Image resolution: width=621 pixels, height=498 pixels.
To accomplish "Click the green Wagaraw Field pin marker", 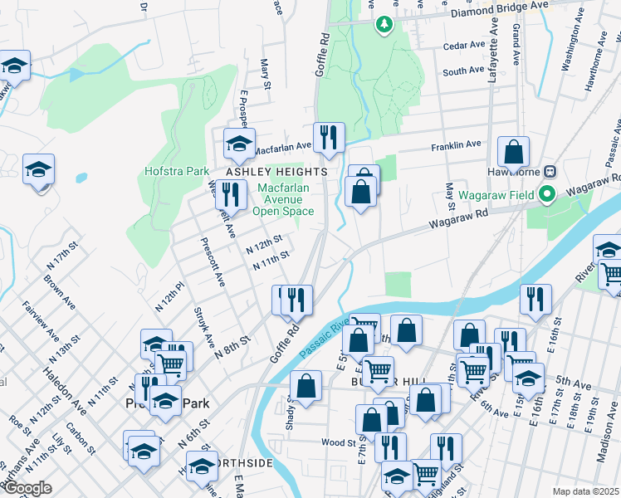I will point(546,196).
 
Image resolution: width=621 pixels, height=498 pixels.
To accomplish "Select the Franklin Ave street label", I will point(456,145).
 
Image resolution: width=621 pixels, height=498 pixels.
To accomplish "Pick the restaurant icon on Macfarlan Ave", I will point(329,137).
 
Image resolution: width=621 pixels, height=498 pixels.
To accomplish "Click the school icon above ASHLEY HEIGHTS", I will point(239,143).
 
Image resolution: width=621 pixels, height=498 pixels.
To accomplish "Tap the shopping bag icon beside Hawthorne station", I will point(514,152).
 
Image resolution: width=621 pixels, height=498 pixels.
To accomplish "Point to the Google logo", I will point(27,488).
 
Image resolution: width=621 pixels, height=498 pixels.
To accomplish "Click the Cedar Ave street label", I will point(464,46).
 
